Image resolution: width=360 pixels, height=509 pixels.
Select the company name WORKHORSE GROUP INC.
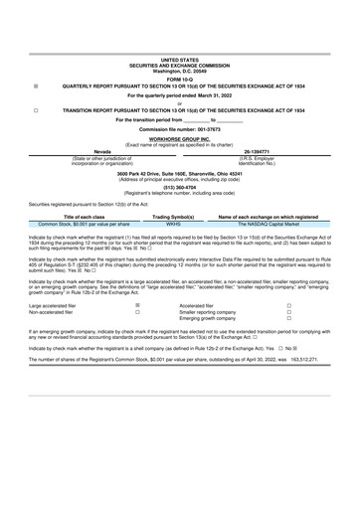tap(179, 140)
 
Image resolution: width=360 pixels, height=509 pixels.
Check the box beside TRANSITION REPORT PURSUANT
tap(36, 110)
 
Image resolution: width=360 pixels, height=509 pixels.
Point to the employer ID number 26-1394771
tap(271, 152)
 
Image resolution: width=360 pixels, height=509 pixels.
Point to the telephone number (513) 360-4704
tap(179, 186)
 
